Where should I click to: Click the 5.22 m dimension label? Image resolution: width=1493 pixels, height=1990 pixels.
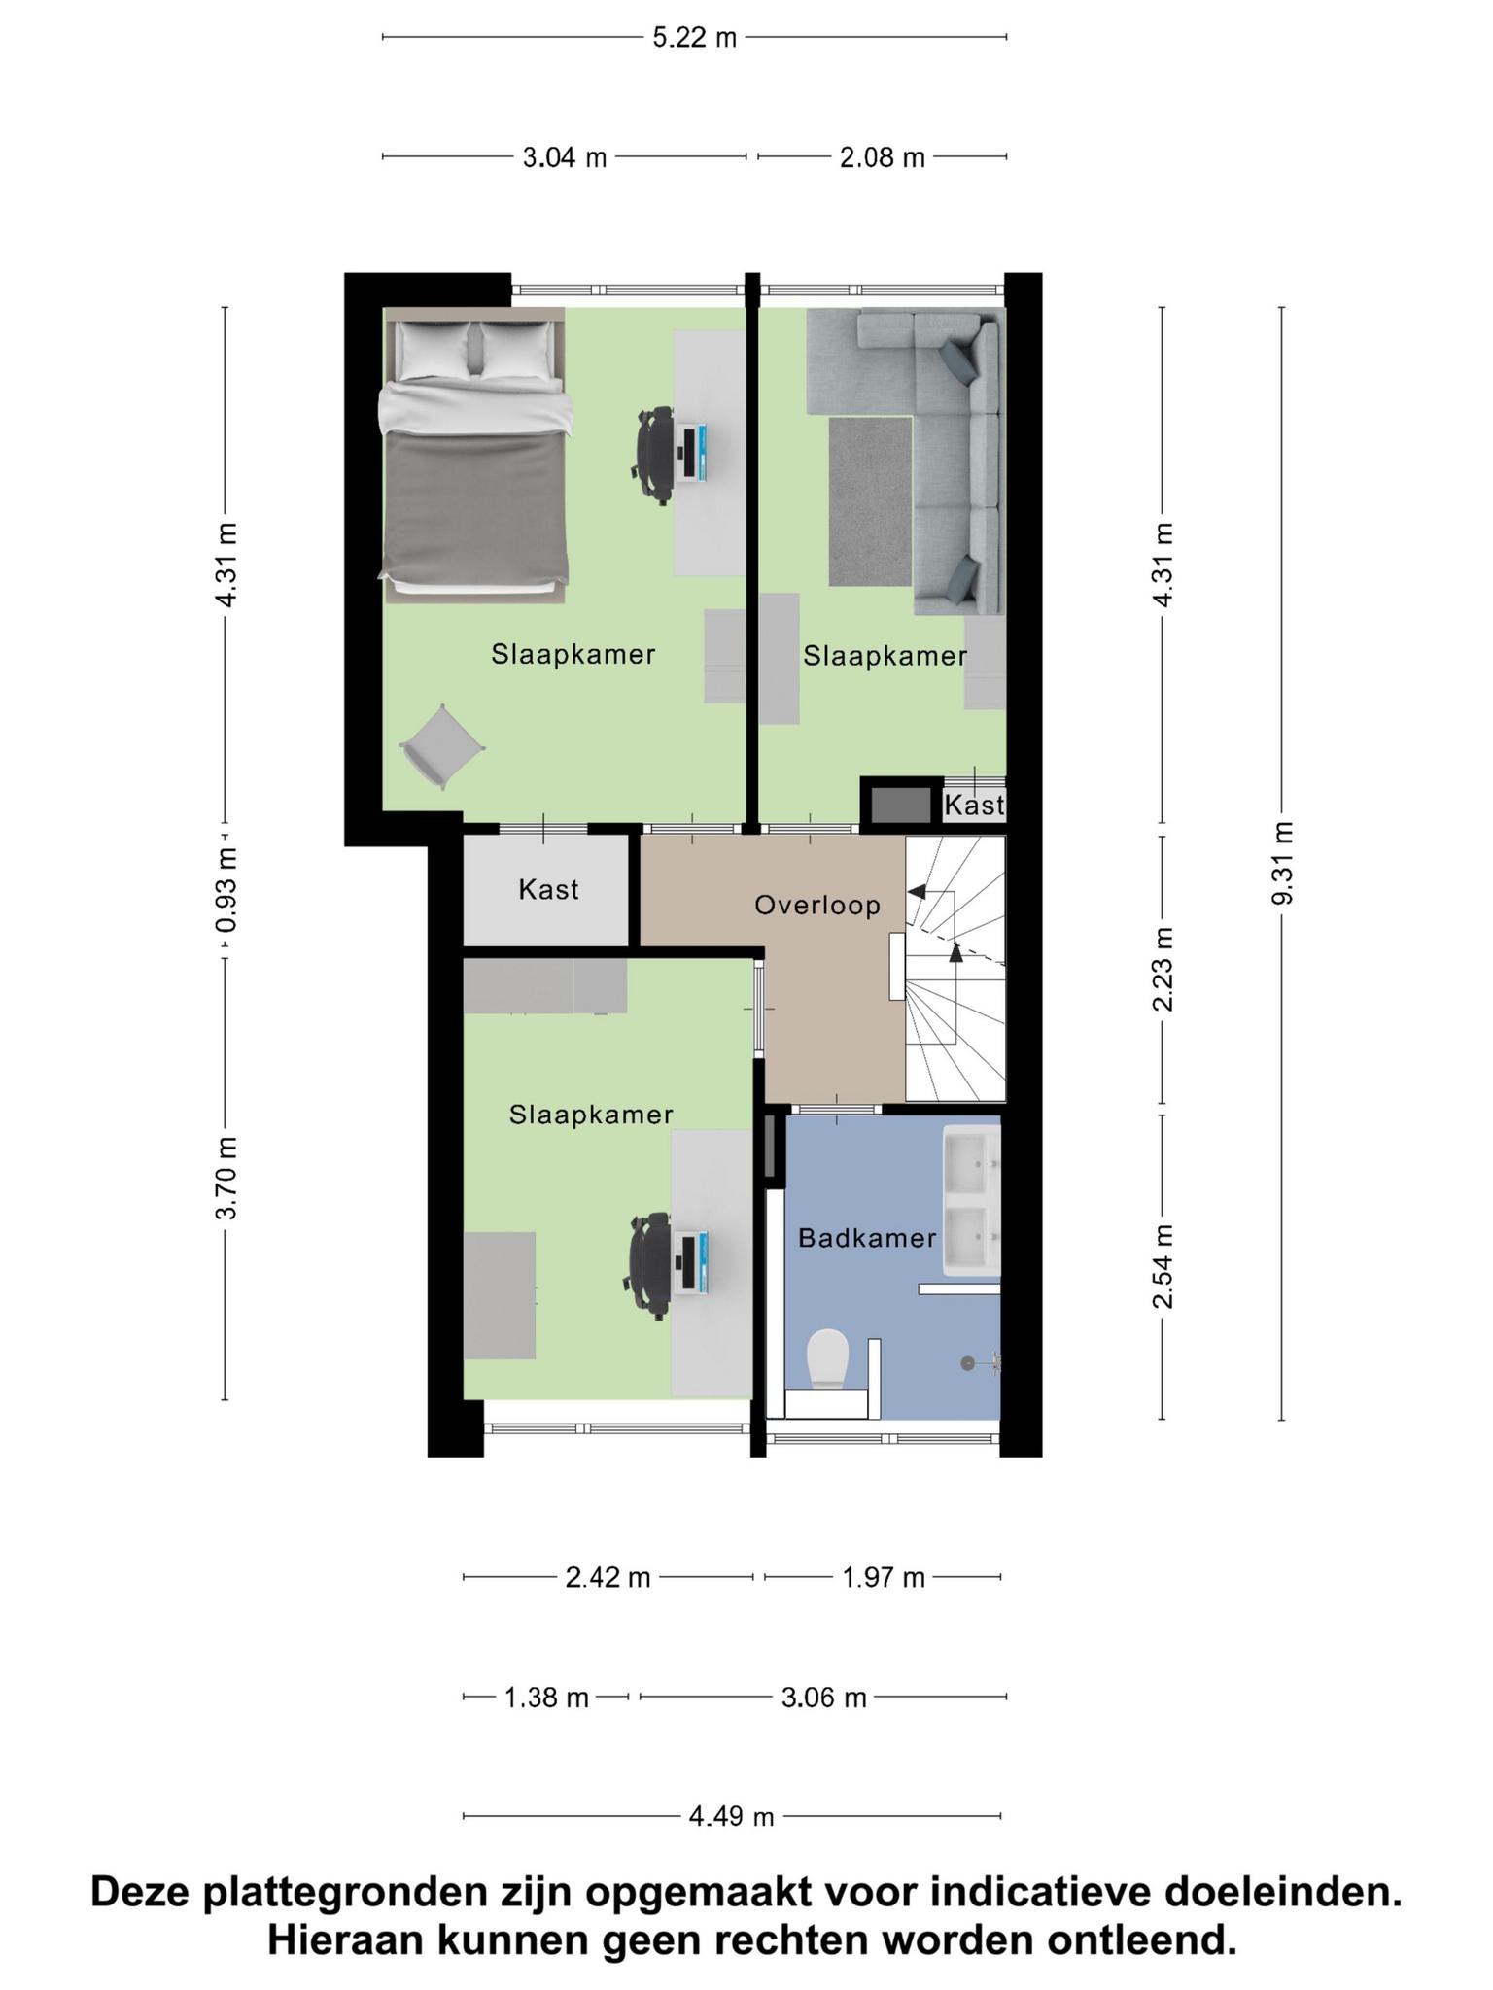pos(694,38)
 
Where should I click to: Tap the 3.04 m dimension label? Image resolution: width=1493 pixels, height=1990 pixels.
pos(565,157)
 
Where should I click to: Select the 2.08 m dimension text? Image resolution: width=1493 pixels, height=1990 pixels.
pos(882,157)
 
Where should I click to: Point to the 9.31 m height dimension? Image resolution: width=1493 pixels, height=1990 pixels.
pos(1283,863)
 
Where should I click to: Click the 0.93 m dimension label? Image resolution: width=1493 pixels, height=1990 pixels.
pos(226,890)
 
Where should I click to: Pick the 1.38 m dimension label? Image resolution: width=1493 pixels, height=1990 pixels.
pos(546,1697)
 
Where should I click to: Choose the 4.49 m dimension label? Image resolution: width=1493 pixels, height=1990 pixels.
pos(731,1816)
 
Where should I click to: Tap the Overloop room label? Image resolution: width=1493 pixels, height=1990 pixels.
pos(817,906)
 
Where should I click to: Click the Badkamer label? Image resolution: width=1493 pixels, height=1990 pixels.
pos(867,1238)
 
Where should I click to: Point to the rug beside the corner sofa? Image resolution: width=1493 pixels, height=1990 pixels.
pos(871,501)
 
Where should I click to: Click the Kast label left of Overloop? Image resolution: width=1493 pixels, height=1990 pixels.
pos(549,889)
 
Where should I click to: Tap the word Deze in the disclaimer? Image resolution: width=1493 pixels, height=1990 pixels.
pos(142,1893)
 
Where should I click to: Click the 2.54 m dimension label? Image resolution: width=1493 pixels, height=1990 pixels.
pos(1163,1266)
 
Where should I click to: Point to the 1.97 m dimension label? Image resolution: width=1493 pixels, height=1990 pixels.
pos(883,1577)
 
